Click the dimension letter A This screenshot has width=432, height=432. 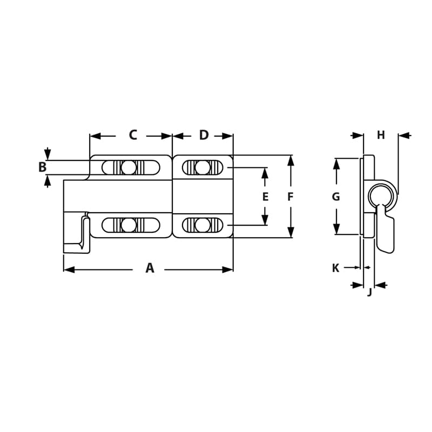click(x=150, y=268)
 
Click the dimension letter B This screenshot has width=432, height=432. click(x=42, y=167)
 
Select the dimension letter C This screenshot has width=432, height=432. click(x=133, y=135)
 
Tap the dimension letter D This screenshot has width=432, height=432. click(x=204, y=135)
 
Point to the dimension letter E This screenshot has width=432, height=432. click(x=265, y=197)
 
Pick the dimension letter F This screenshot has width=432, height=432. click(x=291, y=197)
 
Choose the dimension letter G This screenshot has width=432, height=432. click(x=336, y=197)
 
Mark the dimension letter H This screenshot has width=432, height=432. click(x=381, y=135)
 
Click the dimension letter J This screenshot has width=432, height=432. click(x=369, y=293)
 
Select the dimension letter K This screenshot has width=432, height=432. click(x=335, y=268)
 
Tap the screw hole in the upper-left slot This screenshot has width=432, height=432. click(x=129, y=168)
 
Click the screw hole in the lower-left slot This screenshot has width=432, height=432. click(x=129, y=225)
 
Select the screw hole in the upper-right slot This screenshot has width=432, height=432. click(x=202, y=168)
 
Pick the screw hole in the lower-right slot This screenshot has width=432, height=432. click(x=202, y=225)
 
